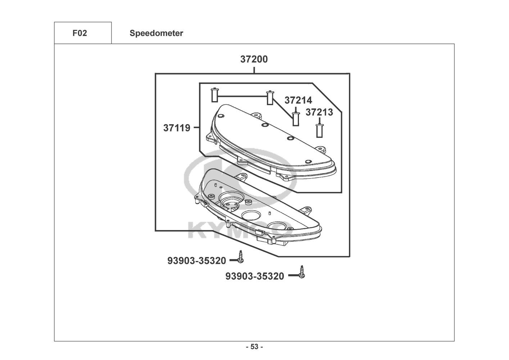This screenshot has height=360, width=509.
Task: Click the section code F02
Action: pos(80,33)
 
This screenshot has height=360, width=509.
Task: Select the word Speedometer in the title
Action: pos(156,33)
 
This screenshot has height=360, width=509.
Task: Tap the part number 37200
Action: pos(254,59)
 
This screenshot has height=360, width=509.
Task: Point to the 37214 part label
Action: pos(298,100)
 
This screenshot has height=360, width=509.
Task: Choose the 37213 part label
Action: pos(319,112)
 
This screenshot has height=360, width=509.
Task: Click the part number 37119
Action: pos(177,128)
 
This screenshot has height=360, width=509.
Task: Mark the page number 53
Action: pos(254,347)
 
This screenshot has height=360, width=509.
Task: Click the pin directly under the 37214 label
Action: pos(296,119)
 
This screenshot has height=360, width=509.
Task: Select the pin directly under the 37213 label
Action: pos(319,130)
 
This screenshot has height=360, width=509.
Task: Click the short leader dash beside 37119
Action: pos(196,127)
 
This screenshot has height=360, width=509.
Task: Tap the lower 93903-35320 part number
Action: pos(255,276)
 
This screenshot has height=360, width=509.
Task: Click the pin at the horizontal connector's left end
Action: pos(214,95)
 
